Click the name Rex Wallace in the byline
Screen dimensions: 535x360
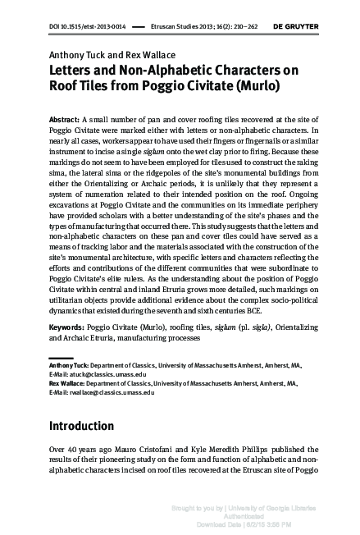(151, 55)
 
